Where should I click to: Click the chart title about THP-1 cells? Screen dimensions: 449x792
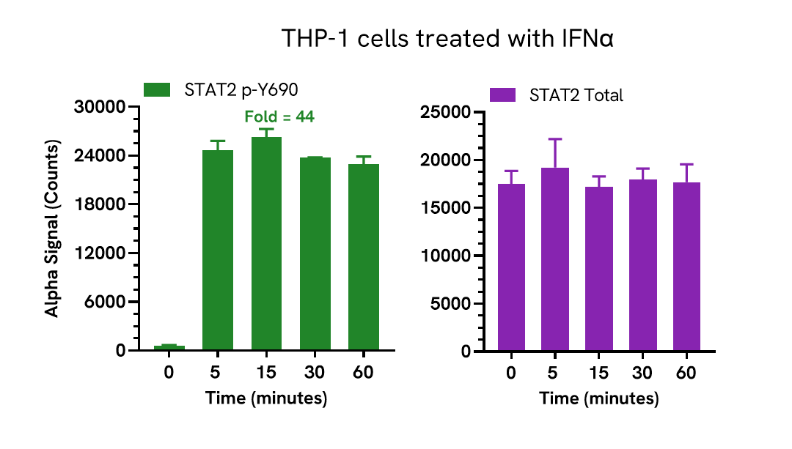pyautogui.click(x=447, y=39)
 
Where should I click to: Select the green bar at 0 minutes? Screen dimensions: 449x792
pyautogui.click(x=169, y=348)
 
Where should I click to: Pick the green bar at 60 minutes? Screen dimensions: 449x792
pyautogui.click(x=364, y=256)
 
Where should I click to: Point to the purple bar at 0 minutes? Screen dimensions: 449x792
pyautogui.click(x=510, y=267)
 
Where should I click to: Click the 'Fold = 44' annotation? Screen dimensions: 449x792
pyautogui.click(x=279, y=116)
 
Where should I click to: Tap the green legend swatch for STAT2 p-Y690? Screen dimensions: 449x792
pyautogui.click(x=157, y=89)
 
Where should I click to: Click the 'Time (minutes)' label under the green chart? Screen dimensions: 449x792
pyautogui.click(x=265, y=398)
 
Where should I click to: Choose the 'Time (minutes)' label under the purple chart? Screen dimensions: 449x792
pyautogui.click(x=598, y=399)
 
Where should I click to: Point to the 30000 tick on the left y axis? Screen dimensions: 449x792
pyautogui.click(x=100, y=108)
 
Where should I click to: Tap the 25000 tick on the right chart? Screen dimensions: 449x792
pyautogui.click(x=447, y=112)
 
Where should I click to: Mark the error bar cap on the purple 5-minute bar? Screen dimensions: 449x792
pyautogui.click(x=554, y=138)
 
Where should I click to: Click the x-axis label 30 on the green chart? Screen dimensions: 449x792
pyautogui.click(x=315, y=372)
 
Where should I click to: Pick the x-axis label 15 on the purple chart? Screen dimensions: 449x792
pyautogui.click(x=598, y=373)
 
